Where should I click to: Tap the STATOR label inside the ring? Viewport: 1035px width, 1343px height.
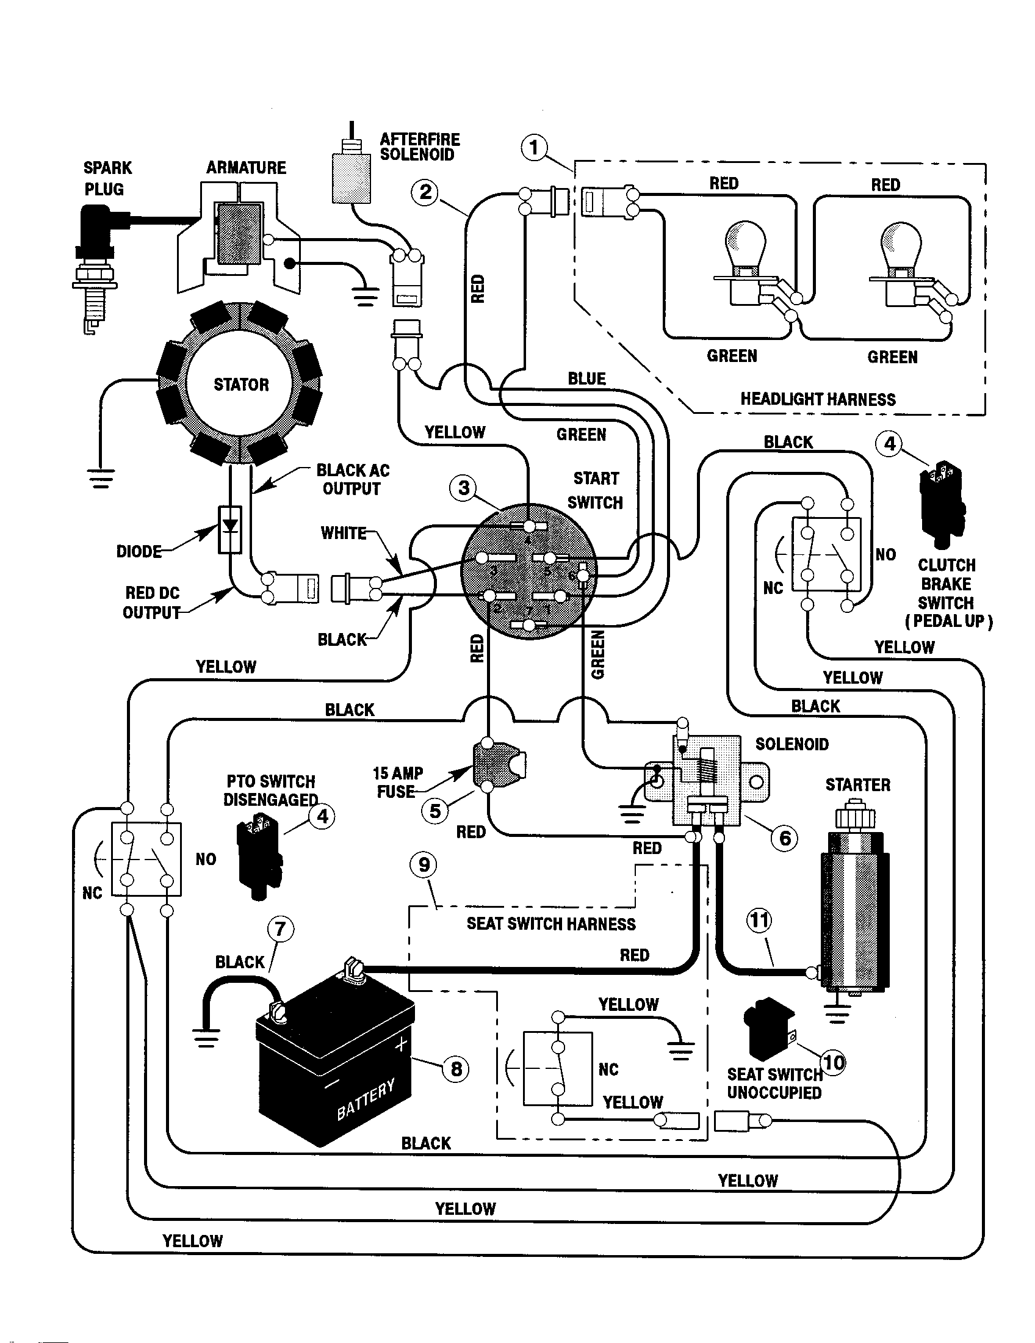(x=241, y=385)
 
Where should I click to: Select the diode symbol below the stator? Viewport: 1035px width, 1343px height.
(x=230, y=529)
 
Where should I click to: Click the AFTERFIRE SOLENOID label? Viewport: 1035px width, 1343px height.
(x=419, y=147)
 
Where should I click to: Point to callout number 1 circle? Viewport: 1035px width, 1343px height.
(x=533, y=148)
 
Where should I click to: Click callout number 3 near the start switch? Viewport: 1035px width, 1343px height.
(x=463, y=488)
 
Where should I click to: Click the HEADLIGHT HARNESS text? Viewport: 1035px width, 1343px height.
(x=817, y=399)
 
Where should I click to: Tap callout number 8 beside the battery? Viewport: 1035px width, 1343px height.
(x=456, y=1069)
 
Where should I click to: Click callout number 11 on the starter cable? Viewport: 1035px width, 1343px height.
(x=759, y=921)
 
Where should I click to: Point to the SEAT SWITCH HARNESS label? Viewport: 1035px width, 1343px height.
(x=550, y=924)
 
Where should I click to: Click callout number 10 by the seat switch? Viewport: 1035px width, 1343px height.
(x=834, y=1062)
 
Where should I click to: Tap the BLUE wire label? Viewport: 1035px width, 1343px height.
(x=586, y=379)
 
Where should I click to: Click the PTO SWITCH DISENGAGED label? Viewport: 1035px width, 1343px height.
(x=270, y=790)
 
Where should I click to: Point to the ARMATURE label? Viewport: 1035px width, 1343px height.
(x=246, y=168)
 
